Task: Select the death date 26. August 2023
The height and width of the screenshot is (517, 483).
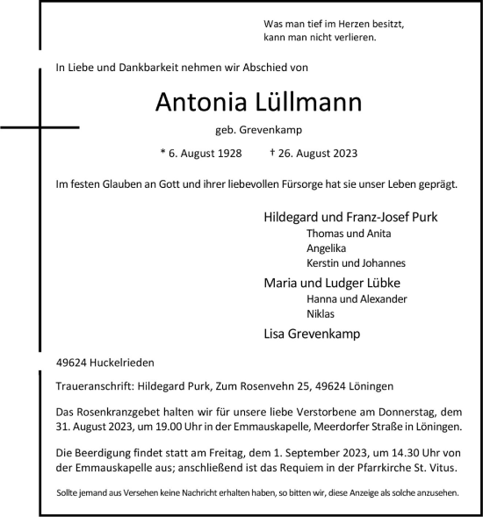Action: click(289, 153)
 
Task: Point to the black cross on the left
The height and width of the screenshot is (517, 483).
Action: click(40, 128)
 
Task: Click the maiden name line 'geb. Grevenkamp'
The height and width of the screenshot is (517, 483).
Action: click(258, 130)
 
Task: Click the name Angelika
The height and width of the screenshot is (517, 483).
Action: click(328, 248)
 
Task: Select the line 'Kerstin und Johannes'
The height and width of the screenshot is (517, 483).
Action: click(356, 263)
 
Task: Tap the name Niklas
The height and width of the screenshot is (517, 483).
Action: click(321, 314)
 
